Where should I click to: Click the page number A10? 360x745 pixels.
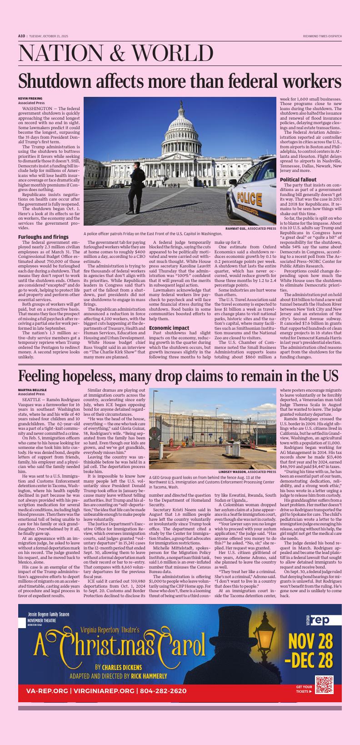tap(21, 36)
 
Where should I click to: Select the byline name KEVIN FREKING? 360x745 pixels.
tap(30, 99)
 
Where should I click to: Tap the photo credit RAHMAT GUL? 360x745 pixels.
tap(235, 228)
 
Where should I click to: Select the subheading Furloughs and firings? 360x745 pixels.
tap(43, 237)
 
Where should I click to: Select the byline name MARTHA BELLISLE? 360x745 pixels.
tap(32, 390)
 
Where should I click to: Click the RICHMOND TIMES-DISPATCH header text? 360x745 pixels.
tap(322, 36)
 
